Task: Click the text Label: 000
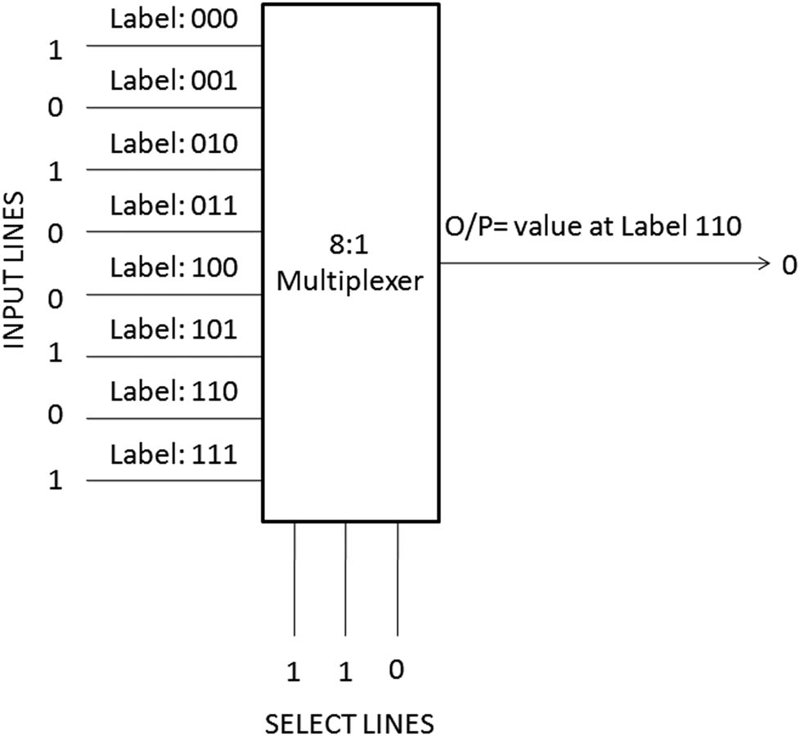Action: click(174, 19)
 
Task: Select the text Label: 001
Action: click(174, 81)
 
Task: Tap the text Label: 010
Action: click(174, 143)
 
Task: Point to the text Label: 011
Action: click(174, 205)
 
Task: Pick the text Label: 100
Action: click(174, 267)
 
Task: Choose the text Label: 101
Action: click(174, 330)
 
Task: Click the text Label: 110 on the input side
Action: click(174, 392)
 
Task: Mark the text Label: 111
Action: click(174, 454)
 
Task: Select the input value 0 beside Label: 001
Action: click(56, 109)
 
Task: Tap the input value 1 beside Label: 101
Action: click(56, 357)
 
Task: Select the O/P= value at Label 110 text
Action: click(592, 225)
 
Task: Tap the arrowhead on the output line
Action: click(765, 263)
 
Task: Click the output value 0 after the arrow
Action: click(788, 265)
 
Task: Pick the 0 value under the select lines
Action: click(397, 671)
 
